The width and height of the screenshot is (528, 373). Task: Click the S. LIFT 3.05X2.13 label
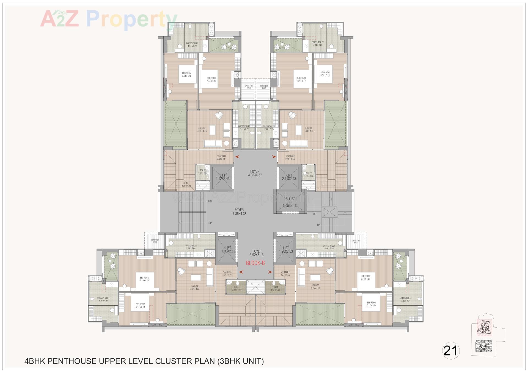[x=290, y=202]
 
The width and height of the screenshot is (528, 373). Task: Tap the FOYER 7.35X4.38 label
[x=239, y=211]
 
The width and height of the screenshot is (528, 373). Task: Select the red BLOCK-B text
[x=255, y=263]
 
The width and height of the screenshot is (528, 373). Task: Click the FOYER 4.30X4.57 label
[x=255, y=173]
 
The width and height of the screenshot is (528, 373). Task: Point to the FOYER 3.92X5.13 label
[x=257, y=253]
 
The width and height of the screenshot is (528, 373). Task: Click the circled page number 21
[x=450, y=350]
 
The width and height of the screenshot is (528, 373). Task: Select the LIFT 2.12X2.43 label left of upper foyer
[x=222, y=177]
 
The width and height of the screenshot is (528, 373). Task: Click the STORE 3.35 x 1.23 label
[x=186, y=185]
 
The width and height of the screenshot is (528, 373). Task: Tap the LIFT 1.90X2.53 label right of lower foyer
[x=286, y=250]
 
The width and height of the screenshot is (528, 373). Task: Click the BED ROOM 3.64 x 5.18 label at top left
[x=186, y=74]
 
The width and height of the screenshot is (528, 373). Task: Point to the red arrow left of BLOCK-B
[x=241, y=272]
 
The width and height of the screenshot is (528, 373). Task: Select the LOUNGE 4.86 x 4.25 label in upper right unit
[x=309, y=129]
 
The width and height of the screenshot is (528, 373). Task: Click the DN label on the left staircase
[x=210, y=201]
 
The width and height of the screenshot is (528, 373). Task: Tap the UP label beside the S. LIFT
[x=315, y=214]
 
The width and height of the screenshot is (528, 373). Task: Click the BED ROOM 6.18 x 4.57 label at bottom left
[x=144, y=279]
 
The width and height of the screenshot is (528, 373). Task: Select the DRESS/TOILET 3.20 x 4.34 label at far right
[x=406, y=299]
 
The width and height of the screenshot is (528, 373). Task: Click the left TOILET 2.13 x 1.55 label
[x=237, y=288]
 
